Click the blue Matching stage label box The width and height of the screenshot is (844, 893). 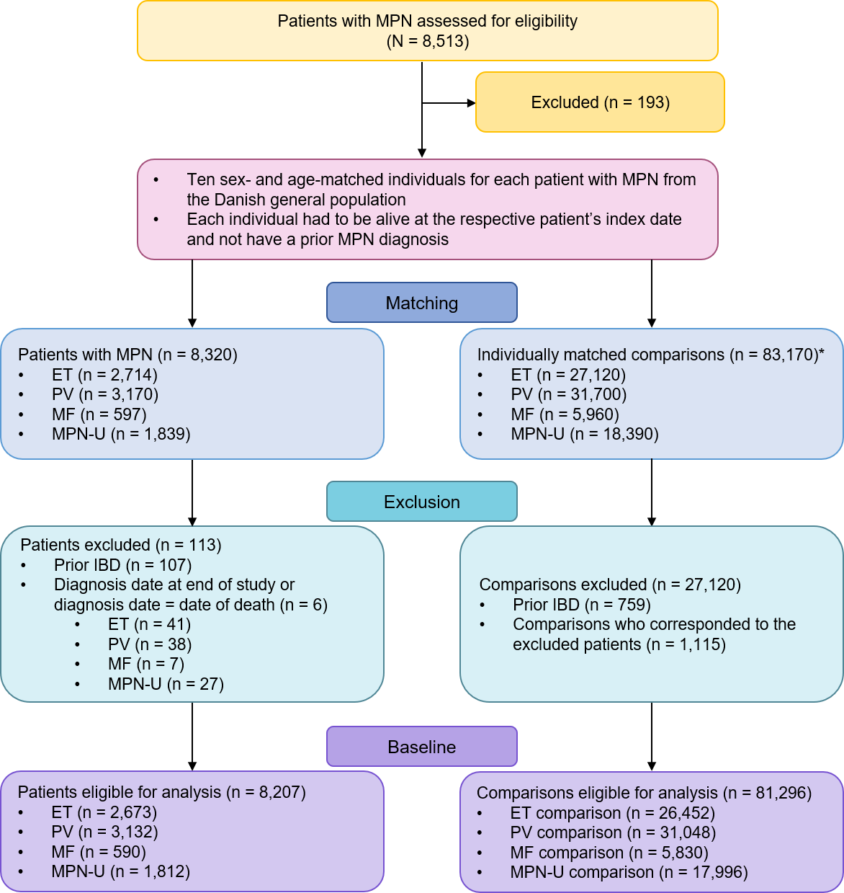pyautogui.click(x=422, y=303)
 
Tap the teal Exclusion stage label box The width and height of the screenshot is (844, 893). pyautogui.click(x=422, y=502)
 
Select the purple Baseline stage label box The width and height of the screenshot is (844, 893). pyautogui.click(x=422, y=747)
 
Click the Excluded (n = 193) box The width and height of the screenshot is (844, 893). pyautogui.click(x=600, y=102)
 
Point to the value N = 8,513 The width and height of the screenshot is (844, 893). pyautogui.click(x=428, y=41)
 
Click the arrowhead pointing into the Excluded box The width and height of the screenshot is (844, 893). pyautogui.click(x=471, y=103)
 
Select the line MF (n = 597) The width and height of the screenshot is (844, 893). pyautogui.click(x=99, y=414)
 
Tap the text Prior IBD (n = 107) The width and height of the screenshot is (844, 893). pyautogui.click(x=122, y=565)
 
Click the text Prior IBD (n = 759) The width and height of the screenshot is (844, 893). pyautogui.click(x=582, y=605)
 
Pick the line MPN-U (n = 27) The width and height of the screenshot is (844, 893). pyautogui.click(x=166, y=684)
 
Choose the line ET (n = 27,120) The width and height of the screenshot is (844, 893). pyautogui.click(x=568, y=375)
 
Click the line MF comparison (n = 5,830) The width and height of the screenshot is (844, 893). pyautogui.click(x=609, y=853)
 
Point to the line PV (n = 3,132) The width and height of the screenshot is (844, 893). pyautogui.click(x=104, y=832)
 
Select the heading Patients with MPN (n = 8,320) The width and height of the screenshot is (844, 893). pyautogui.click(x=127, y=355)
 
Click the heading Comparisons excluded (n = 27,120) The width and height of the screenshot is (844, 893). pyautogui.click(x=610, y=585)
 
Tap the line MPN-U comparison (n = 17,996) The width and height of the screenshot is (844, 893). pyautogui.click(x=629, y=872)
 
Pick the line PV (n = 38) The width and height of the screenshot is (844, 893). pyautogui.click(x=150, y=644)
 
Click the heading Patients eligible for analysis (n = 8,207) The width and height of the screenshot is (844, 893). pyautogui.click(x=161, y=792)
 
